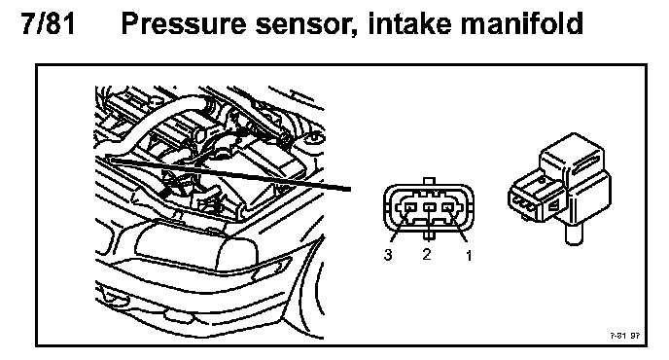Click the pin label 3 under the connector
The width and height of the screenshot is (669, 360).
click(387, 255)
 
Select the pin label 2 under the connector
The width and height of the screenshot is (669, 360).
click(427, 254)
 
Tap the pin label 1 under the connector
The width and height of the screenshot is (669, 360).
click(469, 255)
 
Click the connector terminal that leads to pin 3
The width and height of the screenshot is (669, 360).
click(409, 207)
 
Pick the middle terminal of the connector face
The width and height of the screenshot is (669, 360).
click(429, 207)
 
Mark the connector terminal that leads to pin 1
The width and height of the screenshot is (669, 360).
click(447, 207)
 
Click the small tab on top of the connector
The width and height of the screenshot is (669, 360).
click(429, 181)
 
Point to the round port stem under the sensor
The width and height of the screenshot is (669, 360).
click(575, 234)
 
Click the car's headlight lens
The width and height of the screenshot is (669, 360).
click(196, 245)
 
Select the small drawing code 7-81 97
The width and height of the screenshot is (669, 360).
click(624, 336)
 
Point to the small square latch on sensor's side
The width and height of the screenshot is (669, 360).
click(553, 207)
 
